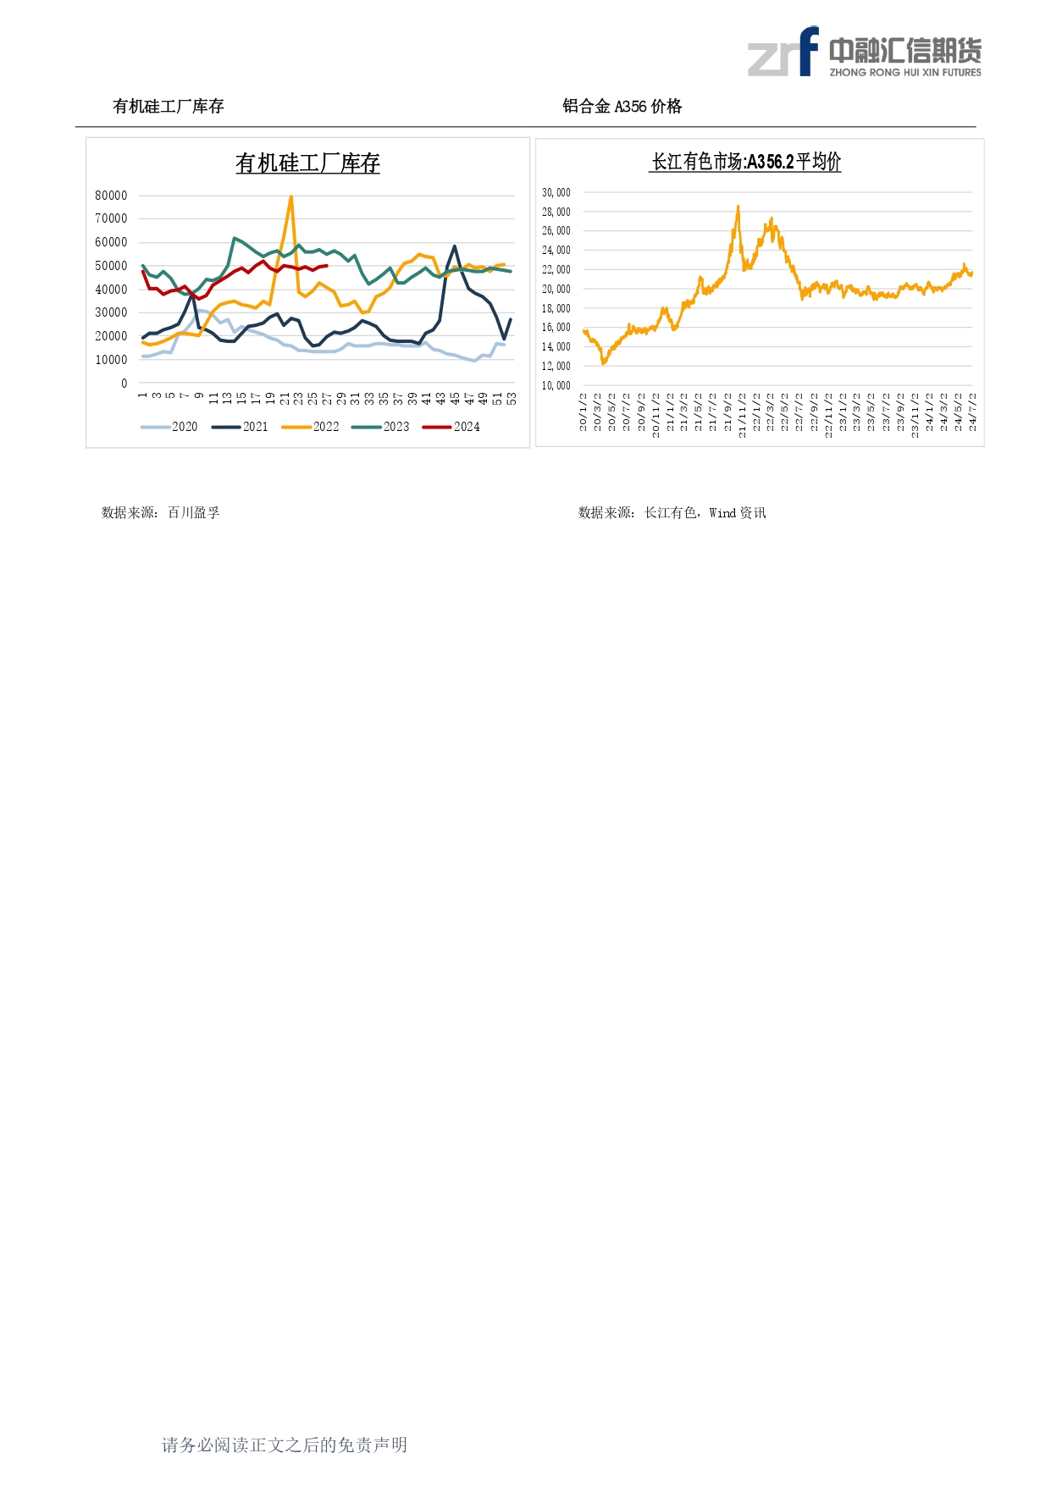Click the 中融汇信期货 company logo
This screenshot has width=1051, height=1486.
(864, 52)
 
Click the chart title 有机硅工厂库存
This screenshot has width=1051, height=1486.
(307, 163)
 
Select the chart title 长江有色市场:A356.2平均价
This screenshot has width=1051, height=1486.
(745, 162)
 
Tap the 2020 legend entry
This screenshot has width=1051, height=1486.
(169, 427)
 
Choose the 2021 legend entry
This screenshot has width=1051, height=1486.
(240, 427)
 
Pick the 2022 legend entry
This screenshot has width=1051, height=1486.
(311, 427)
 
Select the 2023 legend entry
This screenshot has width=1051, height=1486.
(381, 427)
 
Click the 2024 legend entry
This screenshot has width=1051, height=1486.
(451, 427)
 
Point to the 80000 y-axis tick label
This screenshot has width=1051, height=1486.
(111, 196)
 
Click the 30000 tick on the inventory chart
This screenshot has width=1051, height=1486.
(111, 312)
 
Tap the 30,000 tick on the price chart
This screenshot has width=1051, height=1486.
(556, 192)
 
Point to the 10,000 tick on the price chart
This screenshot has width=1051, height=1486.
(556, 385)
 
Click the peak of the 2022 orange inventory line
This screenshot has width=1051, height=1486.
(291, 197)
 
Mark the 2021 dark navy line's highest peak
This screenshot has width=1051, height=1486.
(455, 246)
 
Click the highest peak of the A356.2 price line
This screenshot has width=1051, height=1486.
(738, 206)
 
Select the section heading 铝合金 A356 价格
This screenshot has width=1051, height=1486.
(622, 107)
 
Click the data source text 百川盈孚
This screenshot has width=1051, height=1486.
(194, 512)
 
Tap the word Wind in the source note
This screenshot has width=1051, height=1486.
(722, 512)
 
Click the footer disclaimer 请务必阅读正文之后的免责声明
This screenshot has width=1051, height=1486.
(285, 1445)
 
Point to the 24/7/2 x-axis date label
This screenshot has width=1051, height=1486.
(973, 412)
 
